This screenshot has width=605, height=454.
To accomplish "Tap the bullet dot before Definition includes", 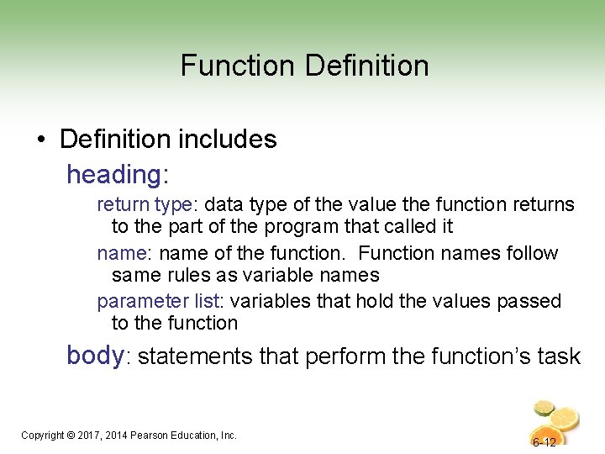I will click(x=41, y=140).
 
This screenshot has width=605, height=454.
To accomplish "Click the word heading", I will click(x=114, y=174).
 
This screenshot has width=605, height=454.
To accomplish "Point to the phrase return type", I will click(x=145, y=204).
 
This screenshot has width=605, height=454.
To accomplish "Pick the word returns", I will click(x=544, y=204).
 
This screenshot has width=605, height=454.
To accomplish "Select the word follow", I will click(x=533, y=253).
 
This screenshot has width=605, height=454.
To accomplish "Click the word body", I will click(x=95, y=356).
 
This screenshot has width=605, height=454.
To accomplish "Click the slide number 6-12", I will click(x=544, y=442).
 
